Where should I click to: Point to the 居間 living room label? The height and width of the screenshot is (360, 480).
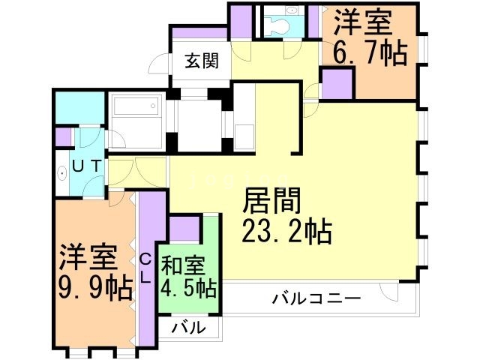click(271, 202)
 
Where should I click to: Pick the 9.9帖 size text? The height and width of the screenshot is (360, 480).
click(88, 286)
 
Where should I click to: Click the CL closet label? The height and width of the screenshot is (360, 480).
click(146, 268)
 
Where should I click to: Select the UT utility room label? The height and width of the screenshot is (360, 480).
click(88, 165)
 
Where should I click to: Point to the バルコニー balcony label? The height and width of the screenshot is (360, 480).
click(316, 299)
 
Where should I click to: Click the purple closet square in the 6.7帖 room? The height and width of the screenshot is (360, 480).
click(337, 83)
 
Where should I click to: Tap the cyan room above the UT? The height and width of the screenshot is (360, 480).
click(79, 106)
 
